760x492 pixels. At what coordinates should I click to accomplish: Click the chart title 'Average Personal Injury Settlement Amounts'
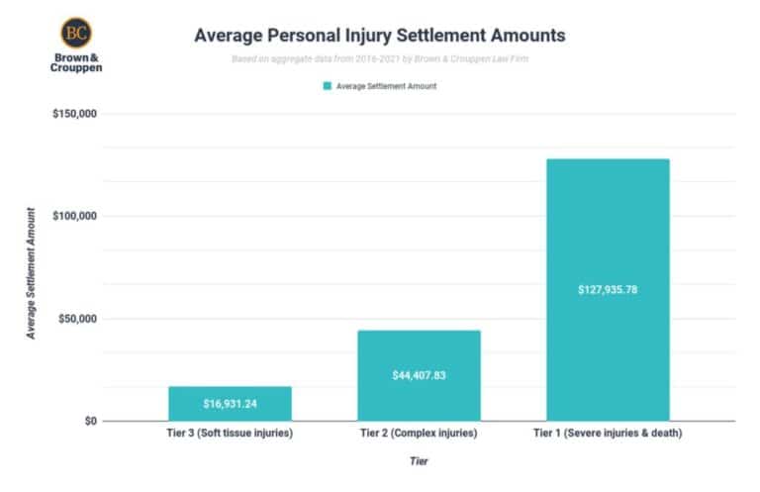click(x=379, y=36)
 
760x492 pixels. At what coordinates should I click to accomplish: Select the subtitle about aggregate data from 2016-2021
click(x=379, y=59)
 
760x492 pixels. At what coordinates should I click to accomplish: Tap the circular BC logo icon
click(x=75, y=33)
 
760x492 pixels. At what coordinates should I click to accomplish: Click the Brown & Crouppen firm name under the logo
click(x=75, y=64)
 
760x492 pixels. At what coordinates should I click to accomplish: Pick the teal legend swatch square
click(x=327, y=86)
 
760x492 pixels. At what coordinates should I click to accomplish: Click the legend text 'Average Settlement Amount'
click(x=386, y=86)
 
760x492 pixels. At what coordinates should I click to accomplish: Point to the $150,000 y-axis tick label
click(x=74, y=114)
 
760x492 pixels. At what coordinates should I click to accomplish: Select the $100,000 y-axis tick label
click(x=74, y=217)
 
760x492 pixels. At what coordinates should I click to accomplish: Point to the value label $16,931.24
click(x=230, y=404)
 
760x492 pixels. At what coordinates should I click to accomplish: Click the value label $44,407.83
click(x=419, y=376)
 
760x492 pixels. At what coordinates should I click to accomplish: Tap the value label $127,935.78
click(x=608, y=290)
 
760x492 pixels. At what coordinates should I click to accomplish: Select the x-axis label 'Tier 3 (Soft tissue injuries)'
click(x=230, y=434)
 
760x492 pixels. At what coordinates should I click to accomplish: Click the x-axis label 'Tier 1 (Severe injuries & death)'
click(x=608, y=434)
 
